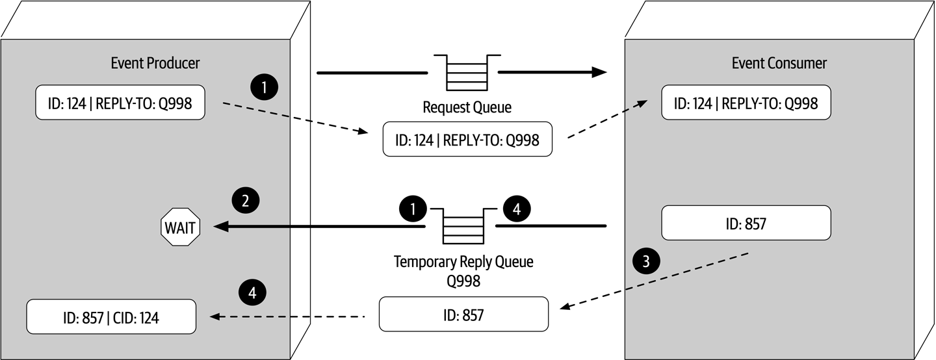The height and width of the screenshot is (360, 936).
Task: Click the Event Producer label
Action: pyautogui.click(x=155, y=63)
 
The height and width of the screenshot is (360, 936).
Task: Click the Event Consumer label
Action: pyautogui.click(x=779, y=63)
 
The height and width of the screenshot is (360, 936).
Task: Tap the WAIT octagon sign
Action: pyautogui.click(x=179, y=227)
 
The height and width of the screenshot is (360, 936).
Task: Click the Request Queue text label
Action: pyautogui.click(x=467, y=107)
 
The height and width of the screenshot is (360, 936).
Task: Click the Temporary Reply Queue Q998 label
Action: pyautogui.click(x=463, y=271)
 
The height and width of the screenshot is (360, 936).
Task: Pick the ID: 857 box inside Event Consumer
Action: pyautogui.click(x=746, y=224)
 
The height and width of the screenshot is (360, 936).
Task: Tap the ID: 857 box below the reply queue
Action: pyautogui.click(x=463, y=315)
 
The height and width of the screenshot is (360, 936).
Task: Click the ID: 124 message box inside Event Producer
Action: pyautogui.click(x=120, y=103)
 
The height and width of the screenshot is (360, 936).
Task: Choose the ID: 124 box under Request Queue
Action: pyautogui.click(x=467, y=139)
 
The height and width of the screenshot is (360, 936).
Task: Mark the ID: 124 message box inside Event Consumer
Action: pyautogui.click(x=746, y=103)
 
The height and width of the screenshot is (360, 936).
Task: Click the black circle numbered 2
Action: pyautogui.click(x=245, y=201)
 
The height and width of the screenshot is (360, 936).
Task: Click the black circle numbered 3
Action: pyautogui.click(x=645, y=261)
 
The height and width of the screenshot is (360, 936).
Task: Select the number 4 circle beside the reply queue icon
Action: pyautogui.click(x=515, y=209)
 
